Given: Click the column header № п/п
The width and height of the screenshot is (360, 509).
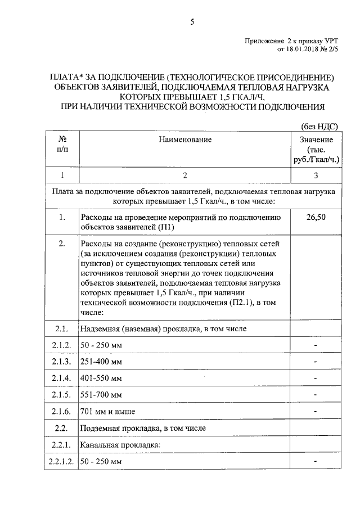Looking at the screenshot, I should (x=60, y=145).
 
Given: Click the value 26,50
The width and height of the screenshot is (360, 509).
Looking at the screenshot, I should (x=316, y=217).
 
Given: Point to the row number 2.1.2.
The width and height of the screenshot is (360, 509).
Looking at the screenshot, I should (x=60, y=344).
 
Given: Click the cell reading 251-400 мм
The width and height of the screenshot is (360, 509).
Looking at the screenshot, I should (x=101, y=361).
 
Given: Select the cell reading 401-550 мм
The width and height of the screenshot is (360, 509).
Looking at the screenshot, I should (x=101, y=378).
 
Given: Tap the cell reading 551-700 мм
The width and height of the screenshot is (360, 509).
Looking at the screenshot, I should (x=101, y=395).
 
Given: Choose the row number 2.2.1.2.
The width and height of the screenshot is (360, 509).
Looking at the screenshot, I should (x=60, y=462).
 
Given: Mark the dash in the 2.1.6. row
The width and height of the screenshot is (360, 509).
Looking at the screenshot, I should (x=316, y=412).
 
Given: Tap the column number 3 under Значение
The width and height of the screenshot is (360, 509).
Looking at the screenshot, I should (x=316, y=175).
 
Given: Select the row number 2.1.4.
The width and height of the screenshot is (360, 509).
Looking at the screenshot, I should (x=60, y=378).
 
